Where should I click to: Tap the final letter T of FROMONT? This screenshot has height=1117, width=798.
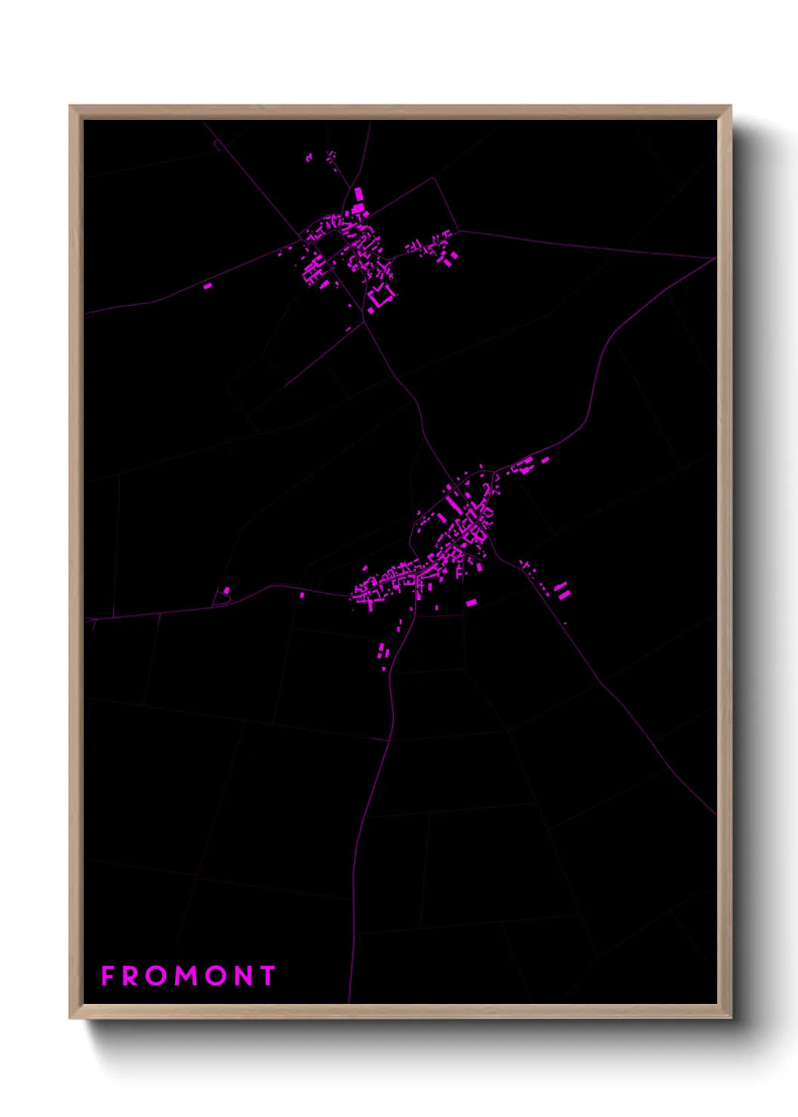268,976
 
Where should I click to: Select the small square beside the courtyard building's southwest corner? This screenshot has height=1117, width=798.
370,309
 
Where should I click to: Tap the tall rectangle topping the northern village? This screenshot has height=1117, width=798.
358,194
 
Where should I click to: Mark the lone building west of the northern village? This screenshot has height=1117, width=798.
207,286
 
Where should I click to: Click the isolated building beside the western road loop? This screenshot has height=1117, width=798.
226,590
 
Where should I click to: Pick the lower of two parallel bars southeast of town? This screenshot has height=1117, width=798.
564,595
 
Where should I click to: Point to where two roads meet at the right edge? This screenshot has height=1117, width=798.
714,258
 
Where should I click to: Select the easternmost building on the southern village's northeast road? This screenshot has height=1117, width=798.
545,458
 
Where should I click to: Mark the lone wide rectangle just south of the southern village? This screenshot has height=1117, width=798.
471,602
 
